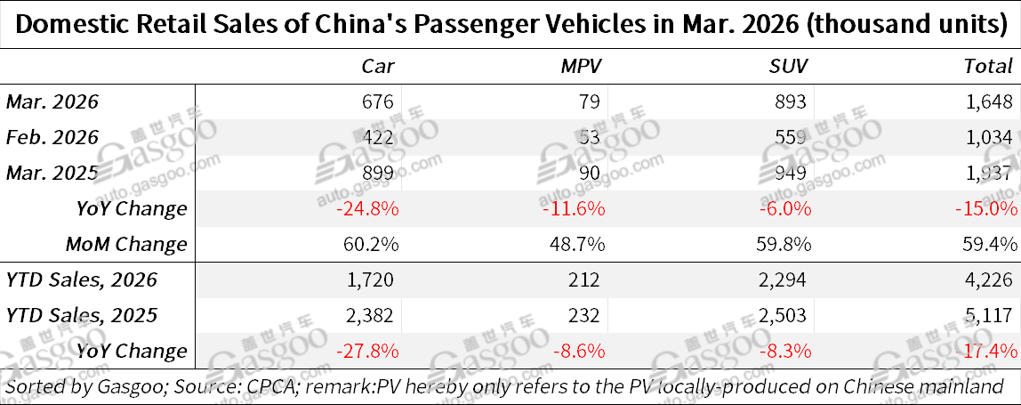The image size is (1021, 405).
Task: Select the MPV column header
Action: coord(583,66)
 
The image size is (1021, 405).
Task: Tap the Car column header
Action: coord(377,66)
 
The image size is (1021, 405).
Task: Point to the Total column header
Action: coord(988,66)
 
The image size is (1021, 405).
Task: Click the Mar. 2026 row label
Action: coord(52,101)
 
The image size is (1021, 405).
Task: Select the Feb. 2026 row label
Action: coord(52,137)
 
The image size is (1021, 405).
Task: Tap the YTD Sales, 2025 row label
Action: coord(82,315)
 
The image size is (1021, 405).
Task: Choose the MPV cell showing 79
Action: coord(593,101)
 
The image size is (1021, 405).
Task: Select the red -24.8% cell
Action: coord(366,208)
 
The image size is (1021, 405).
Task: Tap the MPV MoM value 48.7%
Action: coord(576,244)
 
